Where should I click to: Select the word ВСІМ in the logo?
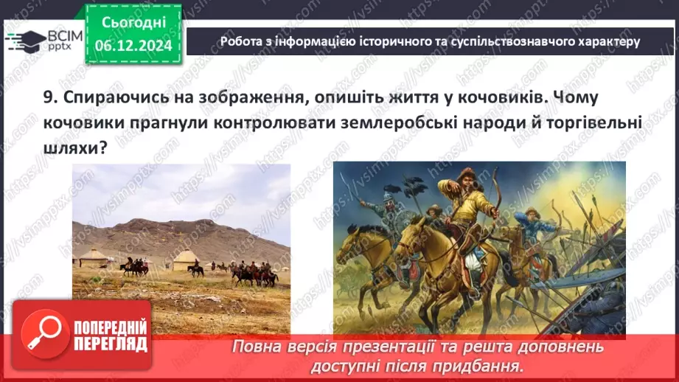coord(65,35)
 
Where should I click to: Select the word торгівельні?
coord(589,122)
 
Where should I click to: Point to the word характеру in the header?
coord(602,41)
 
